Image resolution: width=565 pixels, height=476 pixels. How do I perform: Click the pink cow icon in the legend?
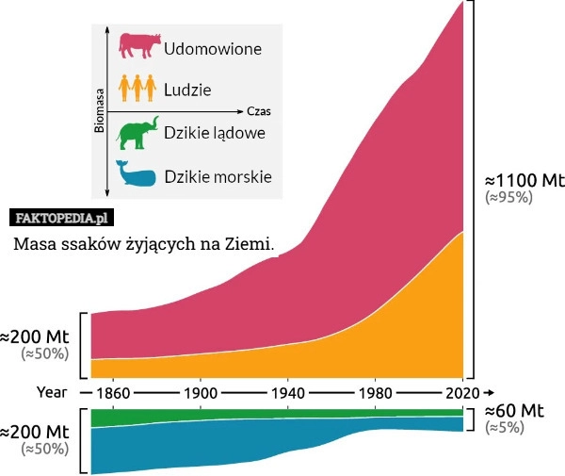(x=139, y=46)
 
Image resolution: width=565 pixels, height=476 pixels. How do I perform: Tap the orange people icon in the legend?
(x=137, y=89)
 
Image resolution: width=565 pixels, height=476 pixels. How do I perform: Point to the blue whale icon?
(x=137, y=174)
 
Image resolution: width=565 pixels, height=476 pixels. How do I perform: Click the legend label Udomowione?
(x=213, y=47)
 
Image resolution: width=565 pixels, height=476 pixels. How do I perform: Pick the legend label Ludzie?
(x=187, y=90)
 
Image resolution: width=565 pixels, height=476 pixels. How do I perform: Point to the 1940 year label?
(x=288, y=391)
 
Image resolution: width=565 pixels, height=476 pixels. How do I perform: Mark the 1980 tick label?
(x=376, y=391)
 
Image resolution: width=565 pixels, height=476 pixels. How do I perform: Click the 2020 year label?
(x=462, y=391)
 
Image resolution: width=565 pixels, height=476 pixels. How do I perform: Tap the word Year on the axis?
(x=52, y=391)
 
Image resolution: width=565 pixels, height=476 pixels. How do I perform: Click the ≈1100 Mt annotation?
(x=524, y=179)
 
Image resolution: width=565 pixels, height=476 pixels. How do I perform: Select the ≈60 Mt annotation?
(x=514, y=411)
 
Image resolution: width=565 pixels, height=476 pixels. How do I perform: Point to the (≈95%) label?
(x=508, y=197)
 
